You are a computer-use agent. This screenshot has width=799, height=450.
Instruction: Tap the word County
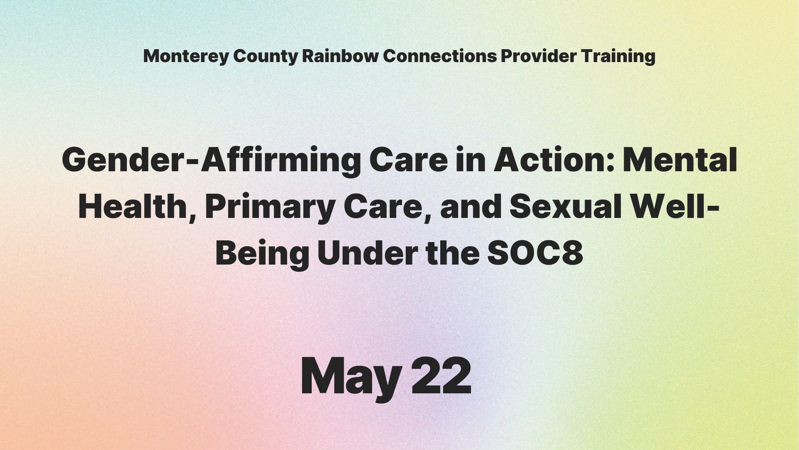click(265, 57)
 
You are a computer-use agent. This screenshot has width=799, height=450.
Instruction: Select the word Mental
click(679, 160)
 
